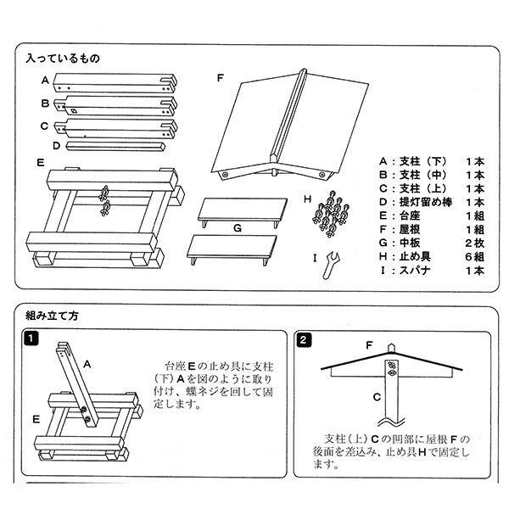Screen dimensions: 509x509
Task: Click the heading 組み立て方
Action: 53,316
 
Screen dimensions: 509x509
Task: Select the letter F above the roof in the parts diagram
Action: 220,78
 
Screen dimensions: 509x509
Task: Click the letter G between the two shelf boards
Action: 238,228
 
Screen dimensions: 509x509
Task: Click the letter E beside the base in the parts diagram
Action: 41,161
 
